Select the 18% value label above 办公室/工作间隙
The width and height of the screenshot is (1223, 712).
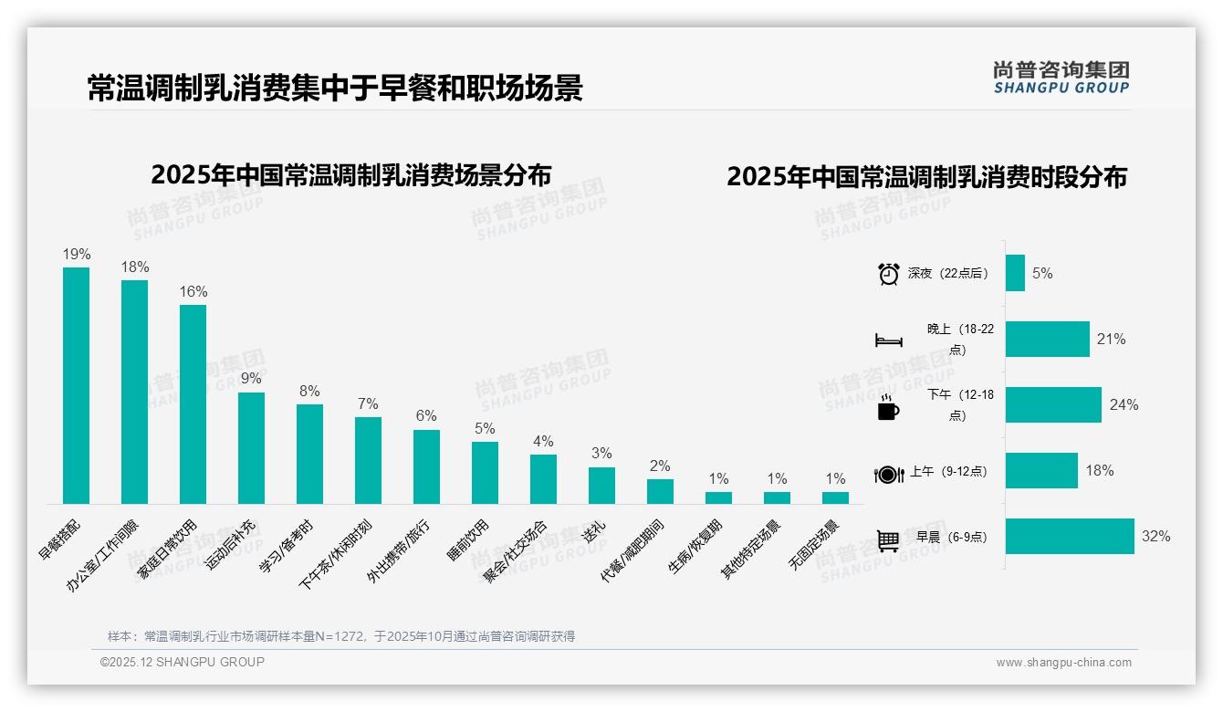pyautogui.click(x=135, y=267)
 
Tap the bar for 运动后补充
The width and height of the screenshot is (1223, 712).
pyautogui.click(x=251, y=447)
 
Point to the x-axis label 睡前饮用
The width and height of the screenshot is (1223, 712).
pyautogui.click(x=470, y=539)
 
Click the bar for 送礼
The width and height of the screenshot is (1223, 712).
pyautogui.click(x=601, y=485)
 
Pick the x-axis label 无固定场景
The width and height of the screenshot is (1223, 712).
pyautogui.click(x=814, y=545)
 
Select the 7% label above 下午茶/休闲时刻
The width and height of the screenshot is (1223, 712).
pyautogui.click(x=368, y=404)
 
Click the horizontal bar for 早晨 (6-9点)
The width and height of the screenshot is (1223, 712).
pyautogui.click(x=1069, y=537)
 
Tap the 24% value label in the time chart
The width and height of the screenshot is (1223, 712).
pyautogui.click(x=1124, y=405)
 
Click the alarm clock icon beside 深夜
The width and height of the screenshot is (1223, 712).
pyautogui.click(x=888, y=274)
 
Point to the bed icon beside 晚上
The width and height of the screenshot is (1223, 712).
pyautogui.click(x=888, y=340)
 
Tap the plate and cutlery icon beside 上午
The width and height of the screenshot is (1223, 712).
pyautogui.click(x=888, y=474)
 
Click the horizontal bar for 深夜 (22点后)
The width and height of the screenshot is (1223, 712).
pyautogui.click(x=1015, y=273)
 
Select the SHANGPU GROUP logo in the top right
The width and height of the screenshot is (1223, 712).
pyautogui.click(x=1061, y=78)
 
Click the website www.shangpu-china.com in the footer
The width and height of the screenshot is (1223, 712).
pyautogui.click(x=1063, y=663)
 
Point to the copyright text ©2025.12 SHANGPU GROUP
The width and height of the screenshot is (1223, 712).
pyautogui.click(x=183, y=662)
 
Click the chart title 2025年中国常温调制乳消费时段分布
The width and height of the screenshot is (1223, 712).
pyautogui.click(x=926, y=177)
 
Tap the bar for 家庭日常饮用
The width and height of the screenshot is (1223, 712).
pyautogui.click(x=193, y=403)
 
